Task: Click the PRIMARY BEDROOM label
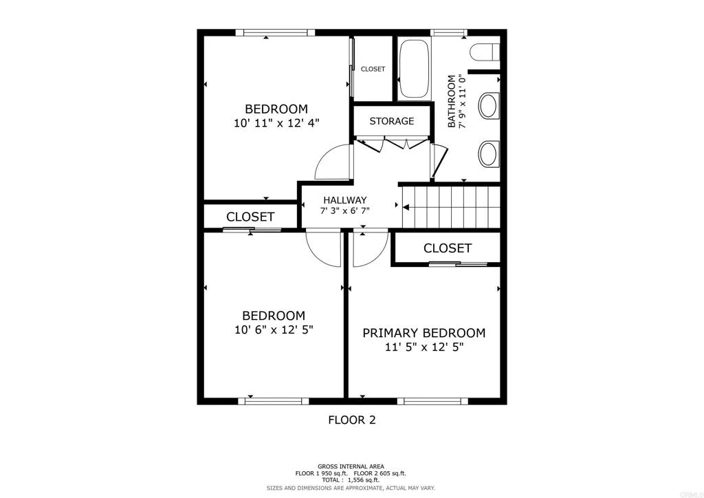(423, 333)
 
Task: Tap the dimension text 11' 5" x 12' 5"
(423, 348)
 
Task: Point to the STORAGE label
(391, 121)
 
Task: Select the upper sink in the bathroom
(488, 106)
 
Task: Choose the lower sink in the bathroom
(488, 153)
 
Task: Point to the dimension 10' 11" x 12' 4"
(276, 123)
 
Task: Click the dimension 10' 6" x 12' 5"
(273, 330)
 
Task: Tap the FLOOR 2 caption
(351, 420)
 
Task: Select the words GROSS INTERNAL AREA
(351, 466)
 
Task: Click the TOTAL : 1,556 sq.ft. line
(351, 480)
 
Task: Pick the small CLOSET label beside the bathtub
(373, 69)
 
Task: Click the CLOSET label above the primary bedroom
(447, 248)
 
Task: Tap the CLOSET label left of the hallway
(250, 217)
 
